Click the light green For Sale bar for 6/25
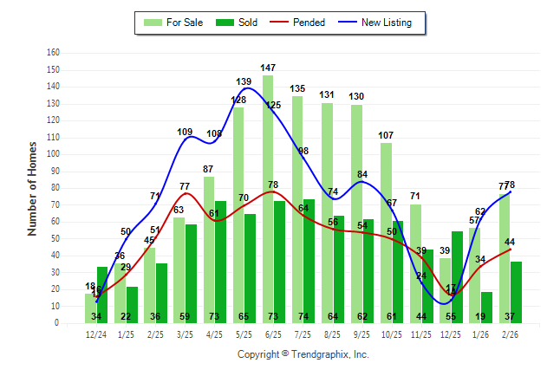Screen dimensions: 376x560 coord(268,199)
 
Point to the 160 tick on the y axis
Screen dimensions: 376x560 coord(53,52)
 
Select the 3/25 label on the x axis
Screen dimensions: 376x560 coord(185,334)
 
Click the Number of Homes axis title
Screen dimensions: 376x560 coord(33,187)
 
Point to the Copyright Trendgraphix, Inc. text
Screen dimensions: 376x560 coord(303,354)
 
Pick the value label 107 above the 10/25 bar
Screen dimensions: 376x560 coord(386,135)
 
